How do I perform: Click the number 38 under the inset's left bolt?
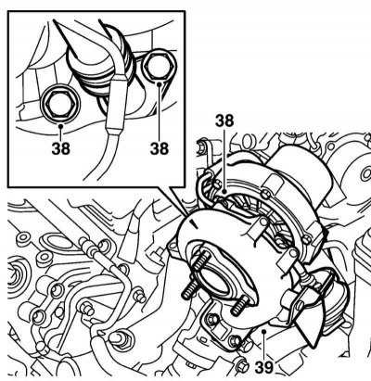click(x=61, y=148)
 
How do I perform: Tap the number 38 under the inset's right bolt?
click(x=160, y=148)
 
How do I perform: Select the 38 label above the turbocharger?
click(x=224, y=121)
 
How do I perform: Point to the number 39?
click(x=264, y=368)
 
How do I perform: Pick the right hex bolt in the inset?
click(x=159, y=67)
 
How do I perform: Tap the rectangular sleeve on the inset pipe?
click(x=116, y=103)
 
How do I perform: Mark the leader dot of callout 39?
click(x=263, y=332)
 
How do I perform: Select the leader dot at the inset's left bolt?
click(x=61, y=125)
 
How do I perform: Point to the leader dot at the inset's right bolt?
click(x=160, y=83)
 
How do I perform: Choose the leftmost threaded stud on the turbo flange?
click(x=188, y=290)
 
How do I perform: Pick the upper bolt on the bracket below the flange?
click(x=212, y=318)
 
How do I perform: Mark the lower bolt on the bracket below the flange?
click(x=236, y=340)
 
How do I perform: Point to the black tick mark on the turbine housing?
click(x=194, y=223)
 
